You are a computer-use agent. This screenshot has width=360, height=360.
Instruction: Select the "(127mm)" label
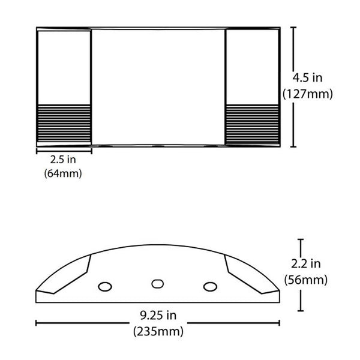(307, 94)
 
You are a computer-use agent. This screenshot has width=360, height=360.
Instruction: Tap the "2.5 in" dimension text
(63, 160)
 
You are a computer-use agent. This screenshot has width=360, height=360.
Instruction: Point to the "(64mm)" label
(63, 174)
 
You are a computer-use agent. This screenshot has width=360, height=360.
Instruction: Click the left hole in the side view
(104, 286)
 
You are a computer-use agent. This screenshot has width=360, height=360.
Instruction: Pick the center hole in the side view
(158, 283)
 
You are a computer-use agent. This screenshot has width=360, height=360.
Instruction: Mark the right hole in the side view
(209, 286)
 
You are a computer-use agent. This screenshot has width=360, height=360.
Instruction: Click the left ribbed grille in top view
(64, 124)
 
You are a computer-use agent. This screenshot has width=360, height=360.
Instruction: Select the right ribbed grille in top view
(253, 124)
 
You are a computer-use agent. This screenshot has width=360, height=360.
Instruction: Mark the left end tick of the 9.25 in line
(36, 323)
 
